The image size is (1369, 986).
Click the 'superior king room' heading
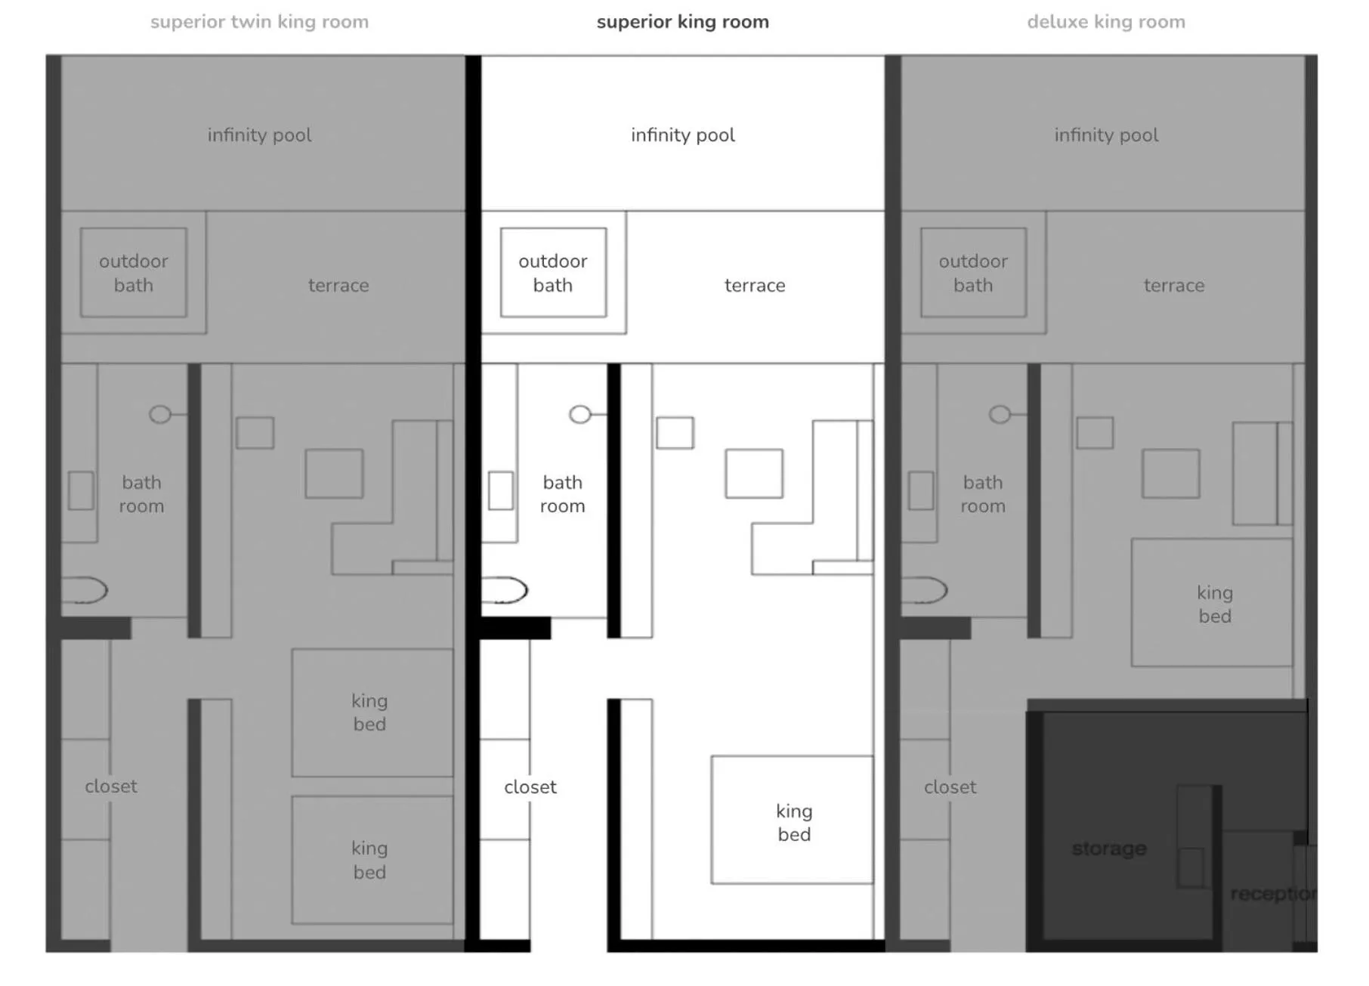point(682,22)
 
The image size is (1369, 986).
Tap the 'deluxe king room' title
point(1105,22)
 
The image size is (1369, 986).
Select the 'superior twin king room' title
point(259,22)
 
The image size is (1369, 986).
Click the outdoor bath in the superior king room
point(553,273)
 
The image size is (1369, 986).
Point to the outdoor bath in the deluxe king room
point(973,273)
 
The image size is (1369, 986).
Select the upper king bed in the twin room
point(372,712)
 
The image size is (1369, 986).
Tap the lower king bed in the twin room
point(372,860)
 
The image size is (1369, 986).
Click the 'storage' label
point(1108,848)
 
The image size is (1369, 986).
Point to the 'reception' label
point(1272,894)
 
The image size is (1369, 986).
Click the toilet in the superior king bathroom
point(504,590)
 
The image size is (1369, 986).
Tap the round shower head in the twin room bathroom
point(160,414)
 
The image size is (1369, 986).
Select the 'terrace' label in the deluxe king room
point(1173,286)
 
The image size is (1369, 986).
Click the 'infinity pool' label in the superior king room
point(682,135)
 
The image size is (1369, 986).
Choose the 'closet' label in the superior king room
point(530,787)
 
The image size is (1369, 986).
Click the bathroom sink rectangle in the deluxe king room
point(920,490)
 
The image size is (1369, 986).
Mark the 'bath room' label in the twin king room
point(141,494)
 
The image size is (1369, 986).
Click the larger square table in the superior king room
point(753,474)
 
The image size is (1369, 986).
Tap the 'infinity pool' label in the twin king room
point(259,135)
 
